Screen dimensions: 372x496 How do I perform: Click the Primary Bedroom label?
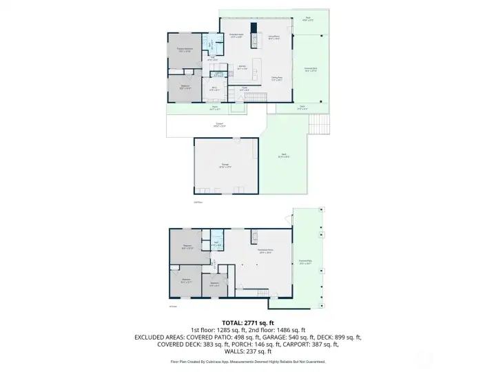point(184,50)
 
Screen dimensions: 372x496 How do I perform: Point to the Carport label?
point(220,125)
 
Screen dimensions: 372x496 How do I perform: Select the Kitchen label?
point(242,68)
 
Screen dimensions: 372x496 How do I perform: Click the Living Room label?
point(273,37)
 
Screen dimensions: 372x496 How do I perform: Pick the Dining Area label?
point(277,79)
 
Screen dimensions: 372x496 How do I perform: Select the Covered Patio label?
point(305,262)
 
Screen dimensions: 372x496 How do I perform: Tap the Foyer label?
point(243,88)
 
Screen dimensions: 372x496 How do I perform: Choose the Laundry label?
point(218,74)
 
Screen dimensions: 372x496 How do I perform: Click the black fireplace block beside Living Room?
point(254,28)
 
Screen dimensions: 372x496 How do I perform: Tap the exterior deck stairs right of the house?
point(320,125)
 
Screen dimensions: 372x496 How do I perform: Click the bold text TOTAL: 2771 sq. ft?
point(247,322)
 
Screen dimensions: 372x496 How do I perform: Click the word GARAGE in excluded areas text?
point(251,338)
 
